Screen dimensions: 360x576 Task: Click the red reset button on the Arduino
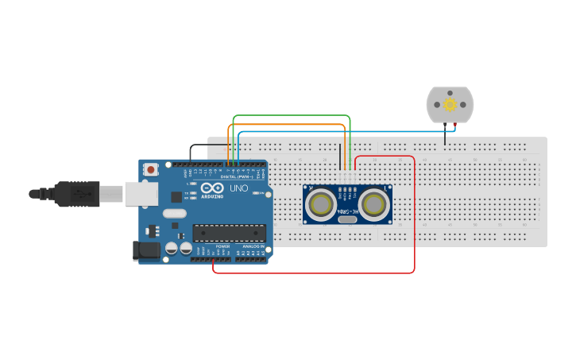(x=151, y=169)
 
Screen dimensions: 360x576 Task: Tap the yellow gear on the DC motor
(x=450, y=105)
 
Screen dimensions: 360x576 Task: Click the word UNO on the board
(x=239, y=189)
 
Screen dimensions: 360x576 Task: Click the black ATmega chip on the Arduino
(x=229, y=233)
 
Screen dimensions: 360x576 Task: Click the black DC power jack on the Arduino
(x=147, y=250)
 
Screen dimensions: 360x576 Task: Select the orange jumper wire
(x=286, y=124)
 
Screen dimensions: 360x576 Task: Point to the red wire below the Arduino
(x=318, y=273)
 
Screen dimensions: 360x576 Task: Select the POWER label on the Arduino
(x=222, y=247)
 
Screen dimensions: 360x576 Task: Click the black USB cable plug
(x=75, y=193)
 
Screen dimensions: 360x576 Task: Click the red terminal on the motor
(x=454, y=125)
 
